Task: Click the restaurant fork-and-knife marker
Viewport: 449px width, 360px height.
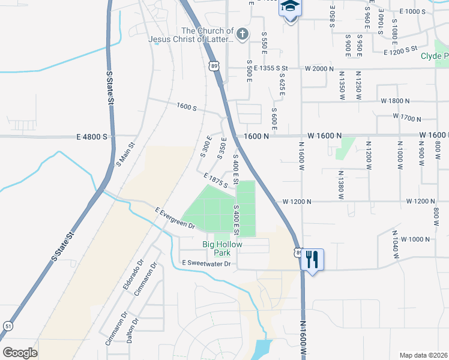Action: pyautogui.click(x=311, y=260)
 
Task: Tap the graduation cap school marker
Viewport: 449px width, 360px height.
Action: pyautogui.click(x=291, y=8)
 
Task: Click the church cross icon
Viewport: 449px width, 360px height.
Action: pyautogui.click(x=243, y=34)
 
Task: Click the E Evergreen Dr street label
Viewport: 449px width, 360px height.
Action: pyautogui.click(x=175, y=218)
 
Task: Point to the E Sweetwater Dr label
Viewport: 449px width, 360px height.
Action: pyautogui.click(x=206, y=263)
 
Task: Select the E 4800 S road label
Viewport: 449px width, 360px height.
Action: pyautogui.click(x=92, y=137)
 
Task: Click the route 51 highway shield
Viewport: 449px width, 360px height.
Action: pyautogui.click(x=7, y=326)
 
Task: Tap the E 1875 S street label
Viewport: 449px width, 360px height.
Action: pyautogui.click(x=215, y=181)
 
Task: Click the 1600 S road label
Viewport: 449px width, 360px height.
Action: pyautogui.click(x=186, y=107)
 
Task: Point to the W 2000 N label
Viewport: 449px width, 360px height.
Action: pyautogui.click(x=318, y=69)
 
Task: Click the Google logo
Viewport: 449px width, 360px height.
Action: pyautogui.click(x=19, y=353)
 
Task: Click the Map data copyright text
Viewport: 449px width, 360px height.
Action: pyautogui.click(x=423, y=355)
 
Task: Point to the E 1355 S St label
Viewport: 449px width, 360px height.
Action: pyautogui.click(x=271, y=69)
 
